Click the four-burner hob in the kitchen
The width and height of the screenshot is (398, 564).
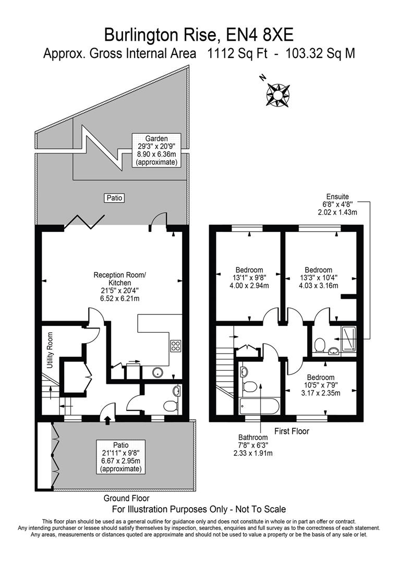point(176,345)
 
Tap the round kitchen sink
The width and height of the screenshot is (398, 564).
point(156,372)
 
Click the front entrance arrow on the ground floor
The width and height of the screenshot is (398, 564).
point(107,419)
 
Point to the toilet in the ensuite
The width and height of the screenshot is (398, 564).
point(320,345)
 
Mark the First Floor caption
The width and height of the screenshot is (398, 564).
point(292,431)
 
